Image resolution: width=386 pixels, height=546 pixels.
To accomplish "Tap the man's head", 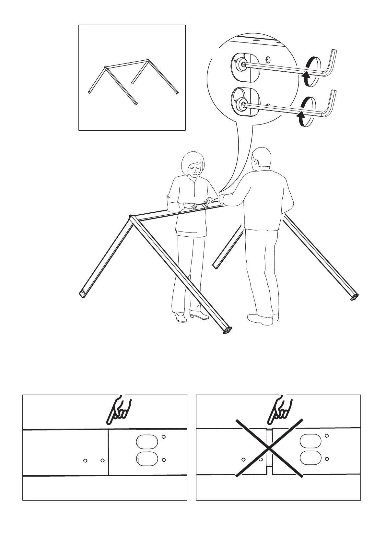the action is point(261,159).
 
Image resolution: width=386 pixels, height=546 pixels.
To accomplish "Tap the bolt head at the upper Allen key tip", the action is point(242,66).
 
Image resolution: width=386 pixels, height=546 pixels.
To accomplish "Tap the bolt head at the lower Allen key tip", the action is point(242,105).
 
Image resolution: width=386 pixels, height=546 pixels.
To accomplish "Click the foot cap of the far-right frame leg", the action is point(355,297).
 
